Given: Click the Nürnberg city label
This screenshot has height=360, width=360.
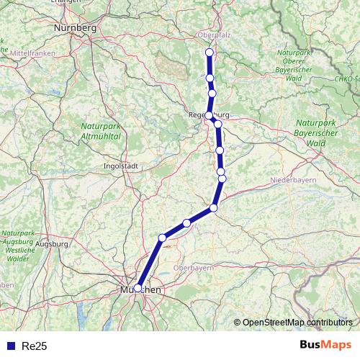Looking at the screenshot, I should (x=75, y=28).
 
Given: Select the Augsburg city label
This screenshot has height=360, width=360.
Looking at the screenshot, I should (x=50, y=245).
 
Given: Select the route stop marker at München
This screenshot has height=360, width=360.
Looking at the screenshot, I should (x=138, y=288).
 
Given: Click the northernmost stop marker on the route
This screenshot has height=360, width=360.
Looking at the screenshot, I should (x=210, y=53).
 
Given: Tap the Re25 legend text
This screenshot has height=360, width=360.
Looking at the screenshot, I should (x=35, y=346).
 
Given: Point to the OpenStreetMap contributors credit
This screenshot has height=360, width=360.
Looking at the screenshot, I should (x=297, y=322).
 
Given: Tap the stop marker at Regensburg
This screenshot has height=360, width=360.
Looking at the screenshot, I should (x=209, y=115).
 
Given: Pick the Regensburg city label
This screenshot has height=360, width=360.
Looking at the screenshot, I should (x=207, y=114).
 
